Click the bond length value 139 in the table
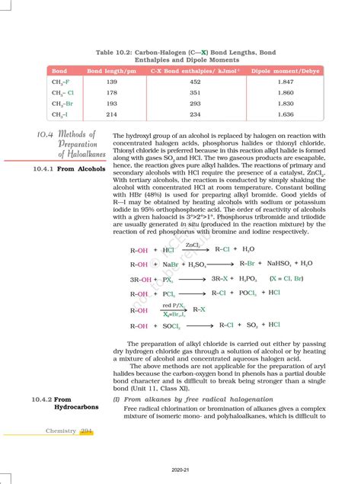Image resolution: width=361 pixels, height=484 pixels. tap(112, 82)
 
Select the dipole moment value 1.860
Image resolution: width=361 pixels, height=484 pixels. tap(286, 92)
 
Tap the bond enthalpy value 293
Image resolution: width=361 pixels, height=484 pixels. tap(195, 103)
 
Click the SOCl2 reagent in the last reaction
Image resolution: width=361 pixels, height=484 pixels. tap(172, 326)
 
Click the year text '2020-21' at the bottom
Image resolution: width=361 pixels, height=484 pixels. tap(180, 470)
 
